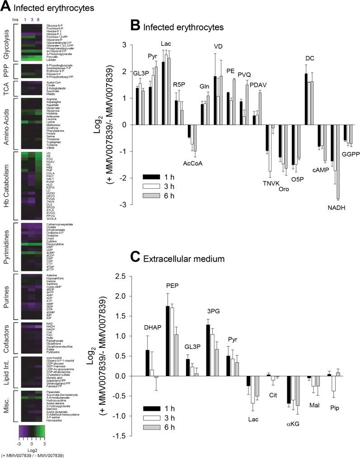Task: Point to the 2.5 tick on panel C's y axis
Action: coord(121,276)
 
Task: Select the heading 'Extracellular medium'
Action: coord(186,259)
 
